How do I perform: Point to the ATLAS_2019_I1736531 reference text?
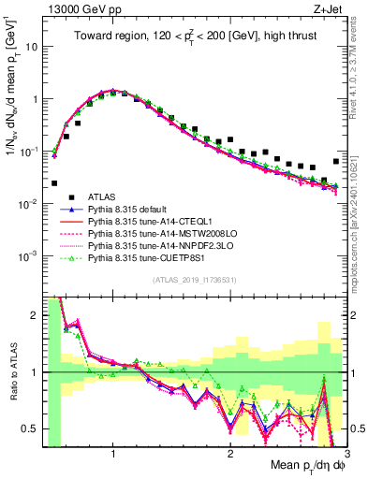tap(192, 281)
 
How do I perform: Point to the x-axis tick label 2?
tap(230, 455)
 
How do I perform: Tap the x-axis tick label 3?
tap(346, 455)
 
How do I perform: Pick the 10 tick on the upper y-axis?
tap(33, 46)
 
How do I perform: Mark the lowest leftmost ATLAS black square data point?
tap(54, 183)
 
